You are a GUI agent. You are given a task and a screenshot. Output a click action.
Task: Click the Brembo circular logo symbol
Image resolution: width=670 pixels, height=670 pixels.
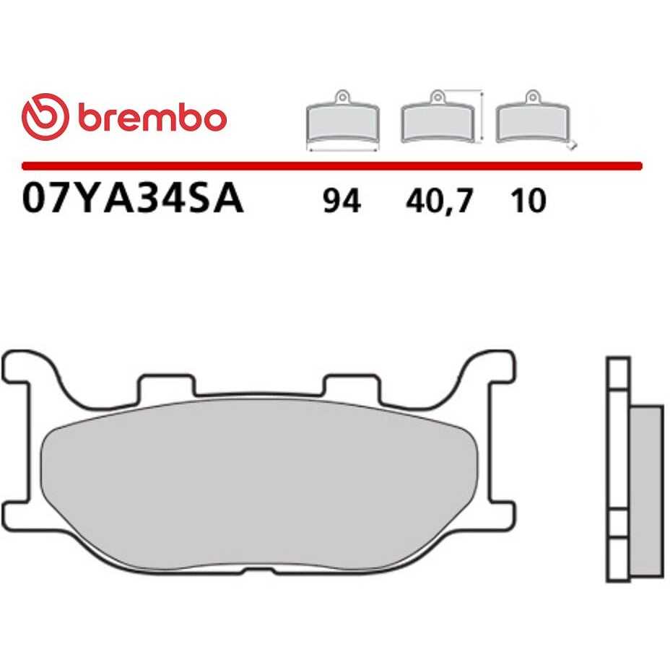(x=45, y=117)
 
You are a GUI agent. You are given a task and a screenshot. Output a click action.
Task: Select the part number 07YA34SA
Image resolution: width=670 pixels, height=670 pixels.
(x=133, y=199)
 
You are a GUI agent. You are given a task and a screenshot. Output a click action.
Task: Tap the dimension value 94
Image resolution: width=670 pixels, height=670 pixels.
(x=341, y=201)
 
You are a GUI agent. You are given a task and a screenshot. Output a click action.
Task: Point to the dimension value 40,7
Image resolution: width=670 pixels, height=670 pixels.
(x=439, y=201)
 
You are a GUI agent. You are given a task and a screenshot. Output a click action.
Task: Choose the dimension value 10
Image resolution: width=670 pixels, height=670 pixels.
(x=528, y=201)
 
